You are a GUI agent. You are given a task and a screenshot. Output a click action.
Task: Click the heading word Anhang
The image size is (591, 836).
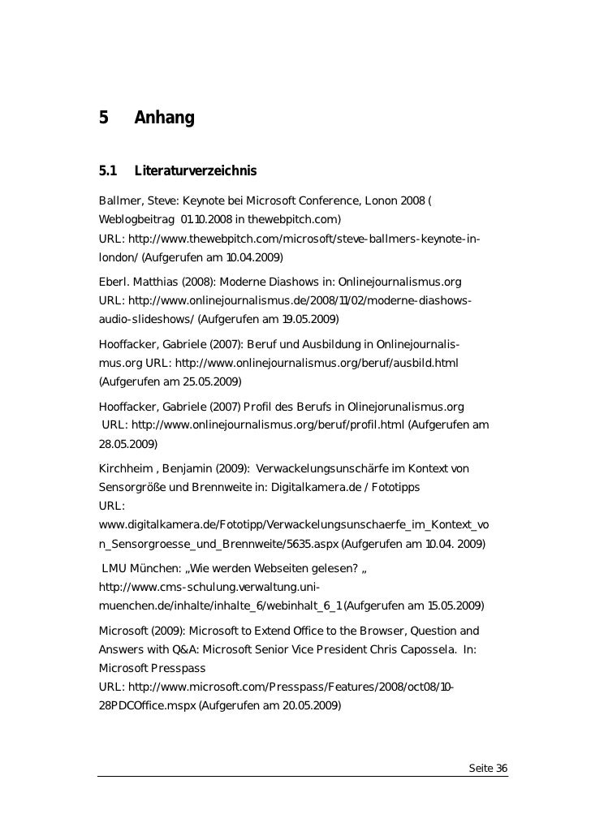(164, 119)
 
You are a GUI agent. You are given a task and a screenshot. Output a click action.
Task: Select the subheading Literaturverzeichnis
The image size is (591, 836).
(195, 170)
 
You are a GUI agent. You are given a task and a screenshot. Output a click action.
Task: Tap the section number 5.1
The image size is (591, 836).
(107, 170)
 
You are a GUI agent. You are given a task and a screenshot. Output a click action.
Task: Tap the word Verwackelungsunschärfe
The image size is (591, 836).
(334, 469)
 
